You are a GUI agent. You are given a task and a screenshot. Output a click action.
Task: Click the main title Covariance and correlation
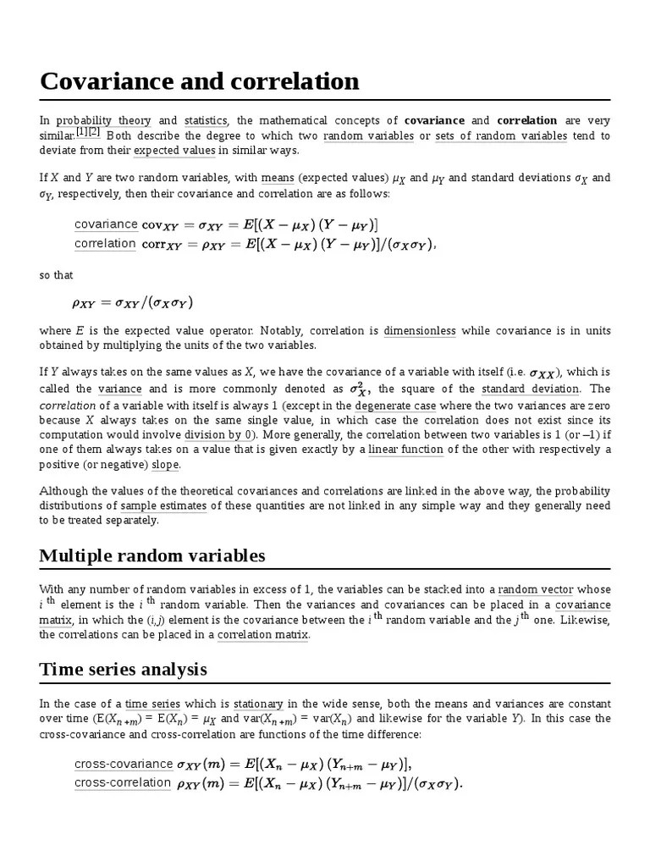click(200, 82)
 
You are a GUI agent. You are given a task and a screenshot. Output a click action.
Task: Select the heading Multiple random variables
click(152, 555)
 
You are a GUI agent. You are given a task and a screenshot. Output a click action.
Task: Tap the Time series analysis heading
click(123, 670)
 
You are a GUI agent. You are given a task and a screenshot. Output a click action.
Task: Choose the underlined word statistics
click(206, 121)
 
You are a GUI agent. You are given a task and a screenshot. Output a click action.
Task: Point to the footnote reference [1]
click(82, 132)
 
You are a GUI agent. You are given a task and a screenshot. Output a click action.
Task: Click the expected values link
click(175, 151)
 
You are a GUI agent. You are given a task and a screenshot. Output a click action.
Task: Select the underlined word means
click(278, 178)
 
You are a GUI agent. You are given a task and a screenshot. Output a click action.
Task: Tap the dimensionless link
click(419, 331)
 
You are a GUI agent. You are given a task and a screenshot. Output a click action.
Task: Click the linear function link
click(405, 450)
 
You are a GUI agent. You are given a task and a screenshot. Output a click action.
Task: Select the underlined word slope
click(166, 465)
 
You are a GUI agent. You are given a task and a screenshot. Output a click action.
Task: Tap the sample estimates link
click(163, 506)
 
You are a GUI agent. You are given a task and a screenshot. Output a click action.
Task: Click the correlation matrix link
click(263, 635)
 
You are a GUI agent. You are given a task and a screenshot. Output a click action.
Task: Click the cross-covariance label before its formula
click(123, 765)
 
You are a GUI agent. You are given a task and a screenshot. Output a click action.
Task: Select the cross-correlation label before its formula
click(123, 782)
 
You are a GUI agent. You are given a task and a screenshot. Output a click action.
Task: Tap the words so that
click(51, 275)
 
